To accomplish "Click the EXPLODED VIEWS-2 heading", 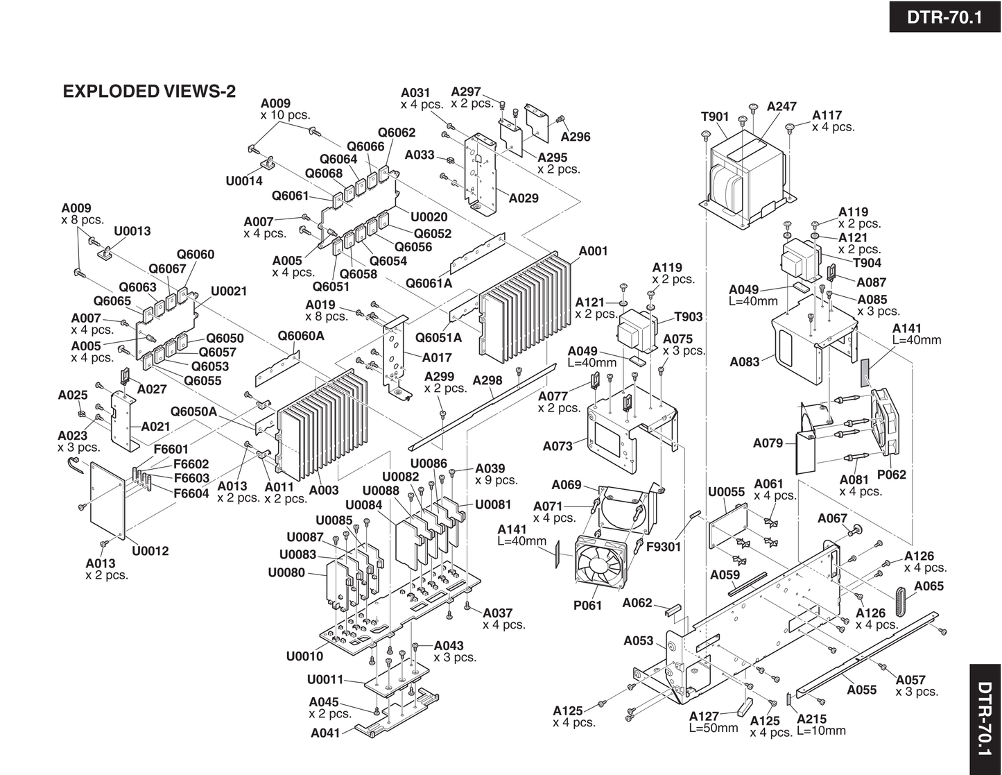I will pos(149,91).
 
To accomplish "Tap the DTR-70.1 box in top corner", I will pos(944,17).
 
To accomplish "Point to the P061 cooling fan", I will pos(602,563).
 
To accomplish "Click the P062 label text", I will pos(891,475).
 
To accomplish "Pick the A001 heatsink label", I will pos(593,251).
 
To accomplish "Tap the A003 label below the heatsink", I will pos(324,490).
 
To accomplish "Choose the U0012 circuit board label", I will pos(150,551).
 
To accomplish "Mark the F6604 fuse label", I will pos(191,493).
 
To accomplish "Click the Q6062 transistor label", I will pos(396,133).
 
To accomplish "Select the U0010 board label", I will pos(304,656).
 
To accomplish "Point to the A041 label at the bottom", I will pos(326,733).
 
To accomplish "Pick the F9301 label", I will pos(664,547).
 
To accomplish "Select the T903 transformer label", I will pos(689,317).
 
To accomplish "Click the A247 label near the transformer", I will pos(781,107).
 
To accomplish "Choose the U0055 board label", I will pos(726,492).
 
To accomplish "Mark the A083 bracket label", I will pos(745,361).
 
